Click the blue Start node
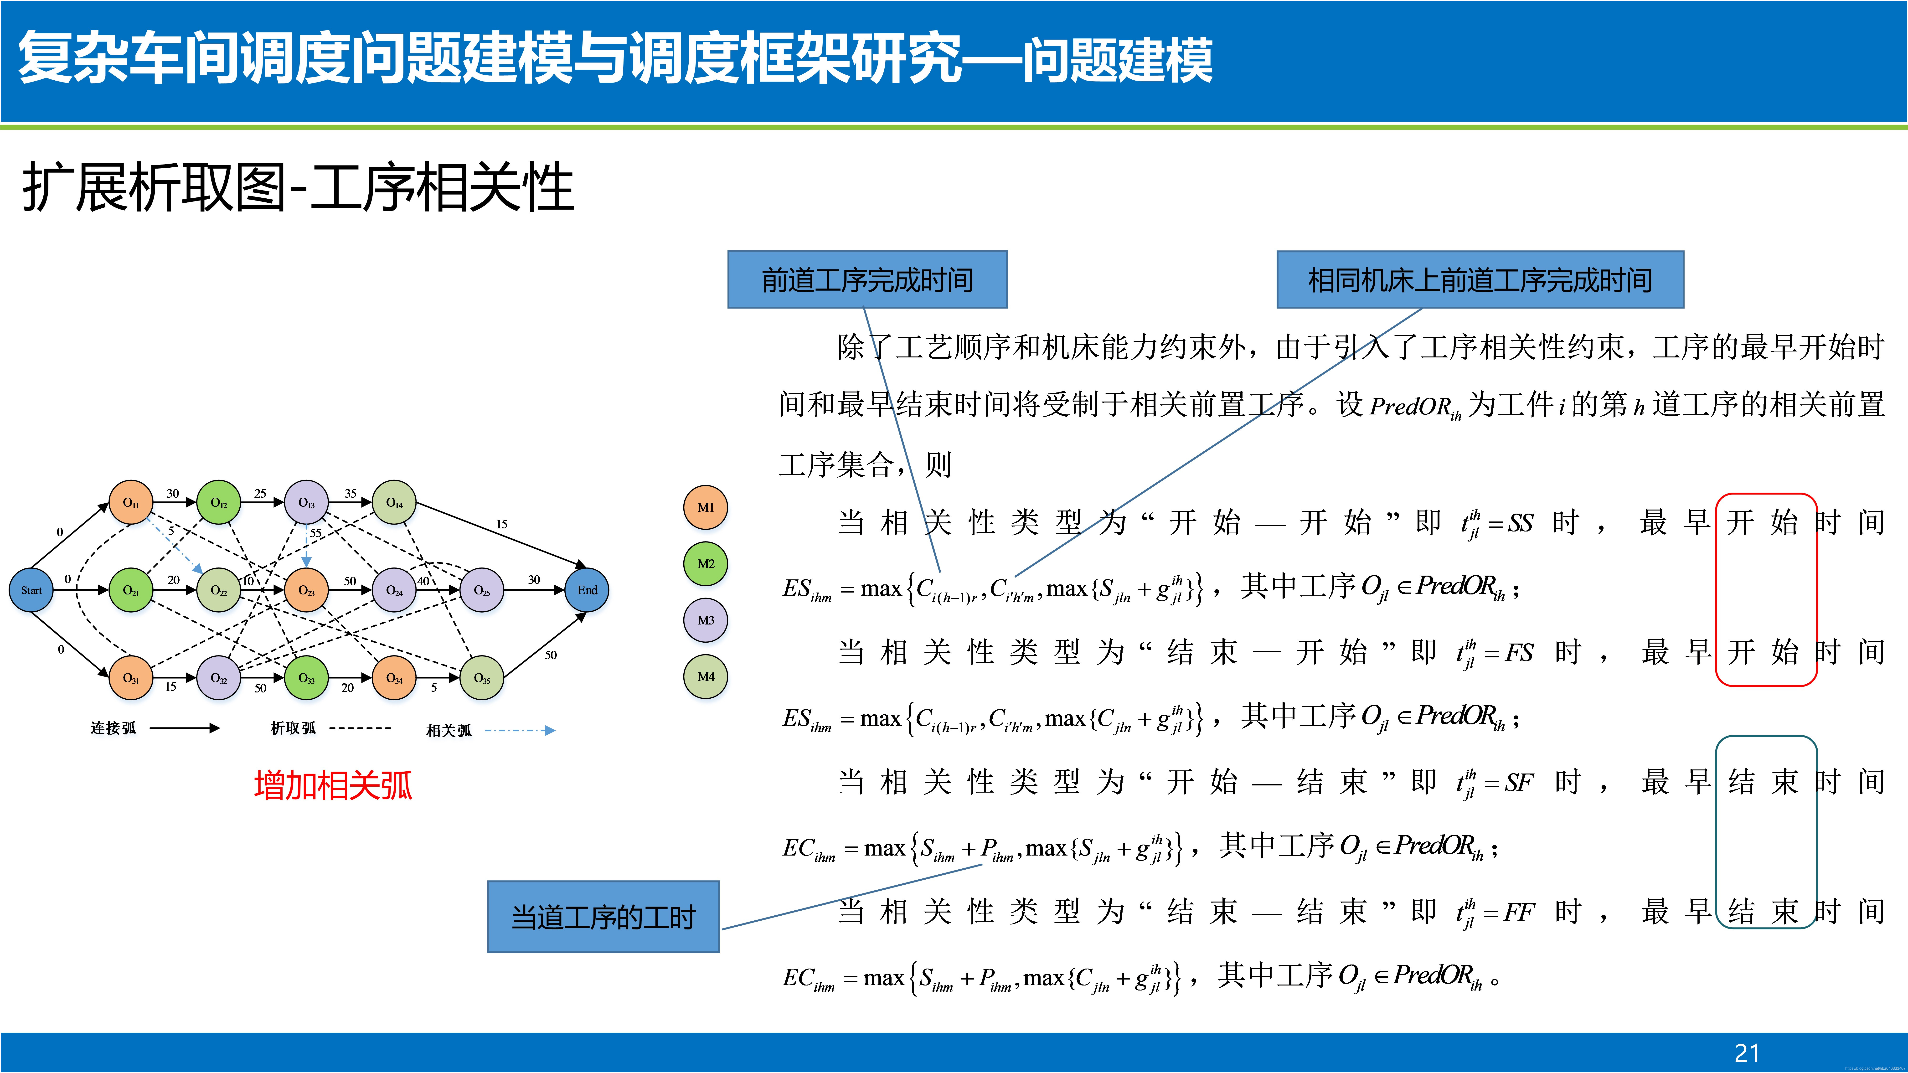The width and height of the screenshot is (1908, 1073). (31, 590)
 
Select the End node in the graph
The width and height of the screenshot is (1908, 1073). (587, 590)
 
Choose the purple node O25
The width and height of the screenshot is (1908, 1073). (481, 590)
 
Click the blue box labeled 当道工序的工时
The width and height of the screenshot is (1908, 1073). (603, 917)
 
